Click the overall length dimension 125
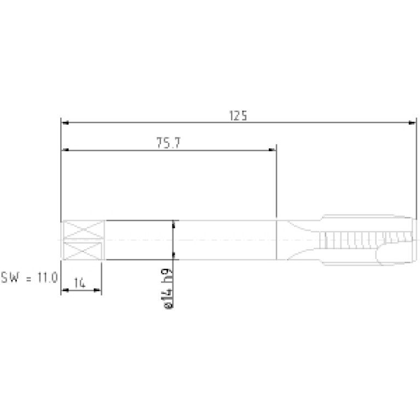tap(238, 116)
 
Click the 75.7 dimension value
tap(169, 143)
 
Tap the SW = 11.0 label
tap(29, 277)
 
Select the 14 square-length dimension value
tap(79, 283)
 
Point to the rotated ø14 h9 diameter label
tap(168, 289)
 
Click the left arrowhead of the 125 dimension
tap(65, 123)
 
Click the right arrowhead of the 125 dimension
tap(412, 123)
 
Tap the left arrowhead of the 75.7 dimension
tap(65, 150)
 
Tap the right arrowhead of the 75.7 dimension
tap(272, 150)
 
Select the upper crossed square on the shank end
tap(83, 229)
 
